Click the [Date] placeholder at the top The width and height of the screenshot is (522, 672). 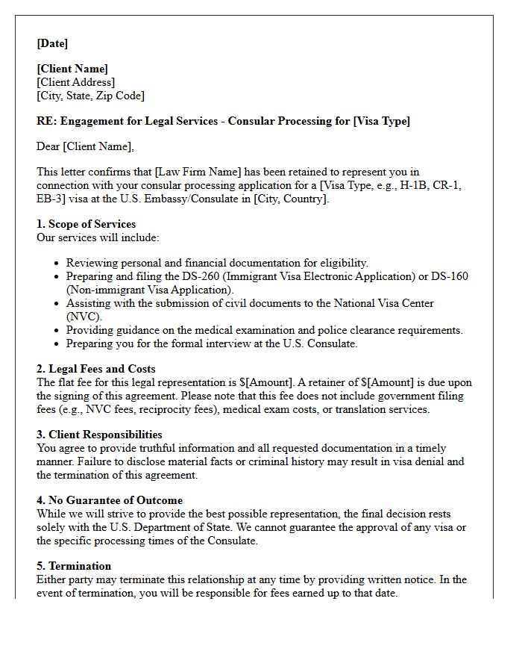tap(52, 43)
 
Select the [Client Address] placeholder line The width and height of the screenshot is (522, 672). tap(76, 82)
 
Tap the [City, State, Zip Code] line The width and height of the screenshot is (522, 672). tap(90, 96)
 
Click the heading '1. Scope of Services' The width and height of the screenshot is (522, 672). tap(87, 224)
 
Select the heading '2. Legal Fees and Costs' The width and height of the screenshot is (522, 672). tap(96, 369)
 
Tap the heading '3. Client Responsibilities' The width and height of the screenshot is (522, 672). tap(99, 435)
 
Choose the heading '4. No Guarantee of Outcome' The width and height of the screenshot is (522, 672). tap(110, 500)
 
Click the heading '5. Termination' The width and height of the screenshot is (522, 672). tap(74, 566)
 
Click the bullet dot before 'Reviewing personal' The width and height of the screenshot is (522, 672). tap(57, 264)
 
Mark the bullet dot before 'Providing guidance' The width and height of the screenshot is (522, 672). tap(57, 331)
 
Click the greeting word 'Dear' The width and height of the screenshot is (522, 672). tap(48, 146)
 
